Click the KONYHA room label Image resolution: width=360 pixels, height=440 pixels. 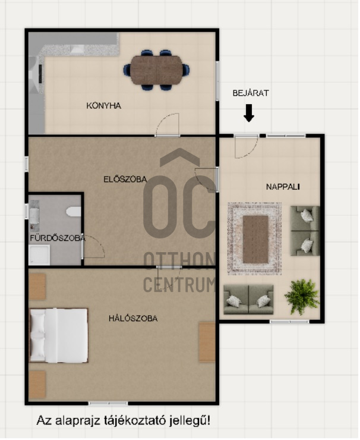pyautogui.click(x=104, y=106)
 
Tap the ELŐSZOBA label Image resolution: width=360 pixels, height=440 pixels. pyautogui.click(x=125, y=179)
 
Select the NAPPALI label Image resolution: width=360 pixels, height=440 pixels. pyautogui.click(x=283, y=187)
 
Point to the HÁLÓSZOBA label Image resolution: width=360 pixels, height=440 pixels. pyautogui.click(x=133, y=318)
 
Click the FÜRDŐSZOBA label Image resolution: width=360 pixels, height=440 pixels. pyautogui.click(x=58, y=238)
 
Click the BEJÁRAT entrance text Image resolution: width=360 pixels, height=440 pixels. pyautogui.click(x=251, y=93)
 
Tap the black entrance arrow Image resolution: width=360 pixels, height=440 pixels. pyautogui.click(x=249, y=113)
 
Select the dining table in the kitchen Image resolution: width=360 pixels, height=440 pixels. pyautogui.click(x=156, y=70)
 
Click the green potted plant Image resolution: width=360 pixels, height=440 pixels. pyautogui.click(x=302, y=297)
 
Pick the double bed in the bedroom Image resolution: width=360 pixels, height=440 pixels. pyautogui.click(x=59, y=335)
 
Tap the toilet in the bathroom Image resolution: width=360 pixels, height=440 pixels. pyautogui.click(x=74, y=211)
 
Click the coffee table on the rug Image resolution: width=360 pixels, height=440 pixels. pyautogui.click(x=255, y=239)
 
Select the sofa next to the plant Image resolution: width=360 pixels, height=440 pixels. pyautogui.click(x=248, y=300)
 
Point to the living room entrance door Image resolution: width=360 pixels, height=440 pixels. pyautogui.click(x=246, y=147)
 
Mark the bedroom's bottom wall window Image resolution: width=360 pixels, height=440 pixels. pyautogui.click(x=108, y=403)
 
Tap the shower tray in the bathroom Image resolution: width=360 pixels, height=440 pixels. pyautogui.click(x=40, y=255)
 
